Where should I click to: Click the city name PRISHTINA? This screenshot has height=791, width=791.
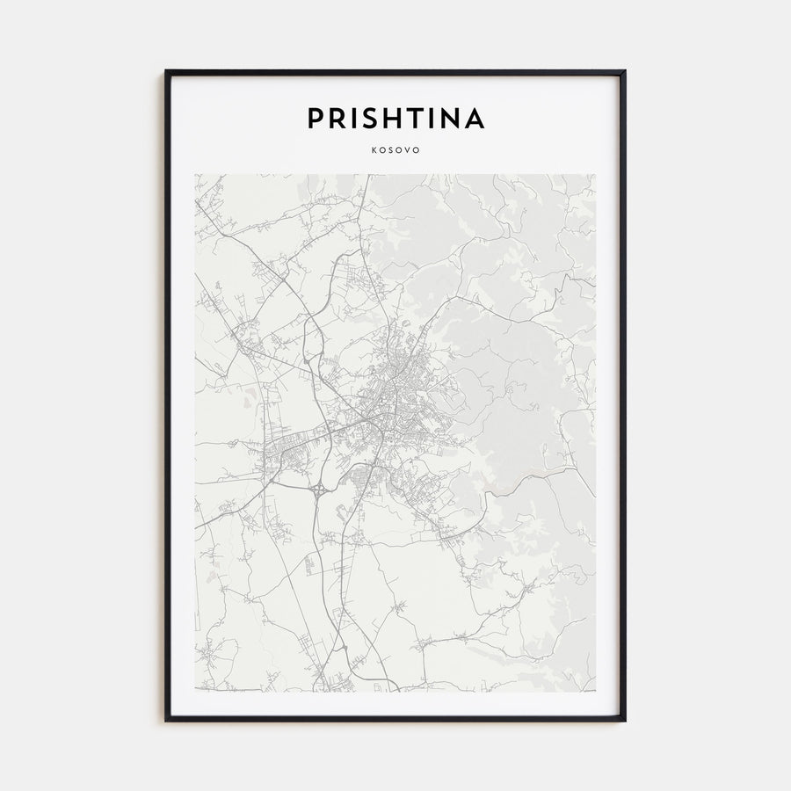[x=395, y=119]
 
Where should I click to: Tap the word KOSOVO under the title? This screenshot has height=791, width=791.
[x=395, y=149]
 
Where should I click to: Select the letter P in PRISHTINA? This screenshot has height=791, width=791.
[x=315, y=119]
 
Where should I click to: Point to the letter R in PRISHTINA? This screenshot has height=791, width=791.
[x=337, y=119]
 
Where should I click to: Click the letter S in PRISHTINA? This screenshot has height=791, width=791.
[x=369, y=119]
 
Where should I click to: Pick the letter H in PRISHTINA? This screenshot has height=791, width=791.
[x=392, y=119]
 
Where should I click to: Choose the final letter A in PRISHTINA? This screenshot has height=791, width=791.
[x=475, y=119]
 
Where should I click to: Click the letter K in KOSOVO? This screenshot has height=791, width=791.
[x=374, y=149]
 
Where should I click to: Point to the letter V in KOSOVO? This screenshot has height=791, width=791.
[x=409, y=149]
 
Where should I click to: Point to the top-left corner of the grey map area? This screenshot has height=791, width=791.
[x=196, y=175]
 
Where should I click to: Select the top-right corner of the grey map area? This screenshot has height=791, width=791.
[x=595, y=175]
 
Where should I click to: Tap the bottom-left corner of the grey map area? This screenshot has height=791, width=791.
[x=196, y=691]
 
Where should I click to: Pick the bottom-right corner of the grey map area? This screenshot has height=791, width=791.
[x=595, y=691]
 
